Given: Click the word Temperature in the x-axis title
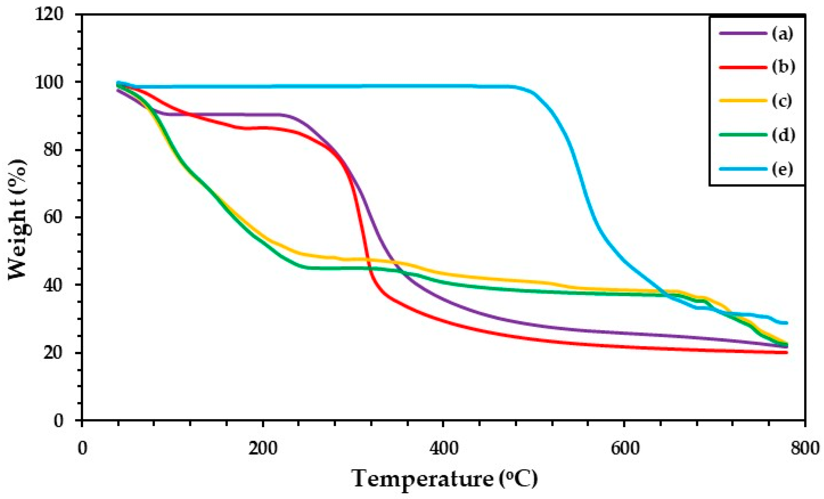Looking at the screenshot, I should pos(423,479).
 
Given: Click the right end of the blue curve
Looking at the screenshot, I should pos(787,323).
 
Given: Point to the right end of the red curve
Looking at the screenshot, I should pos(787,352).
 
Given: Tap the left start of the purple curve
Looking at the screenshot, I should pos(117,90).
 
